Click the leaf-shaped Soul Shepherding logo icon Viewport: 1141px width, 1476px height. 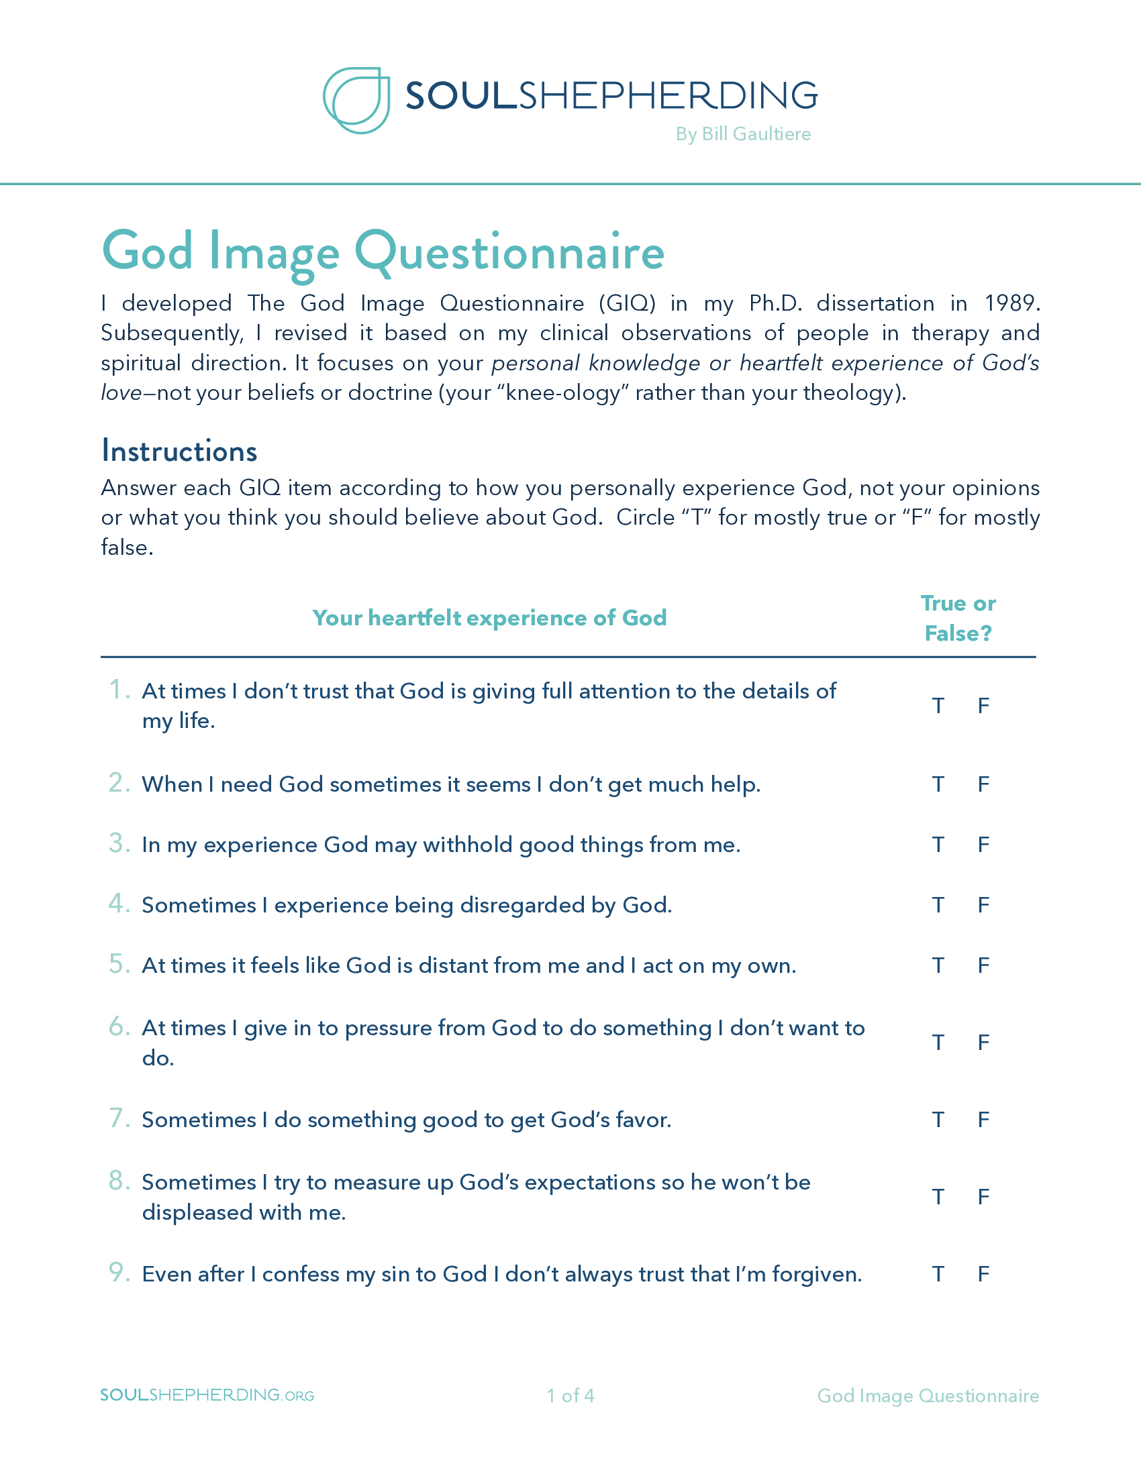pos(356,100)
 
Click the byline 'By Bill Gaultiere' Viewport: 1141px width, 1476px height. pos(743,134)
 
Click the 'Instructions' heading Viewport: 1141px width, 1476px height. pos(179,451)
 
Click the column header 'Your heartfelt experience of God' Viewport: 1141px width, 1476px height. pos(489,618)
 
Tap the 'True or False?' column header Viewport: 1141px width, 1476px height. pos(958,619)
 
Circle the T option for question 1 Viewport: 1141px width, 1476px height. pos(938,706)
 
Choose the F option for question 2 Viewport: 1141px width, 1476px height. pos(983,784)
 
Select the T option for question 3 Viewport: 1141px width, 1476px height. pos(938,844)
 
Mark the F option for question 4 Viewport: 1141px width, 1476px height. pos(983,904)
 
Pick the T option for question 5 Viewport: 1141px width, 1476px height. pos(938,965)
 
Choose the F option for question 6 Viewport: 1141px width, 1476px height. pos(983,1042)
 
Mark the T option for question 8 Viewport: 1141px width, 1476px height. pos(938,1197)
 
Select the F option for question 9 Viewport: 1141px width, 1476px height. pos(983,1274)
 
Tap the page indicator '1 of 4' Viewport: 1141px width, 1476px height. pos(570,1395)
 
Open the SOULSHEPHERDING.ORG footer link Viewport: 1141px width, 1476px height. pos(207,1395)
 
